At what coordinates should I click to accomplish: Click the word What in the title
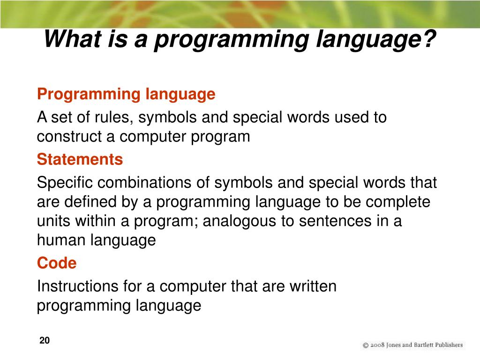(70, 38)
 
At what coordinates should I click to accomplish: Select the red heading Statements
(80, 159)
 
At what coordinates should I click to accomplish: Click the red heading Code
(56, 263)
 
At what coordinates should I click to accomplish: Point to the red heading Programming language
(126, 94)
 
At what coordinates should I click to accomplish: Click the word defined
(87, 202)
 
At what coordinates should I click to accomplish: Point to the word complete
(398, 202)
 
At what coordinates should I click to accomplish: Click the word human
(61, 240)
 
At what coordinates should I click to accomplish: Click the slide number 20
(45, 341)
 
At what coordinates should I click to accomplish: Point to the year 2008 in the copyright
(378, 345)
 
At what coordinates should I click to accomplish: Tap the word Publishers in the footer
(449, 345)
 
